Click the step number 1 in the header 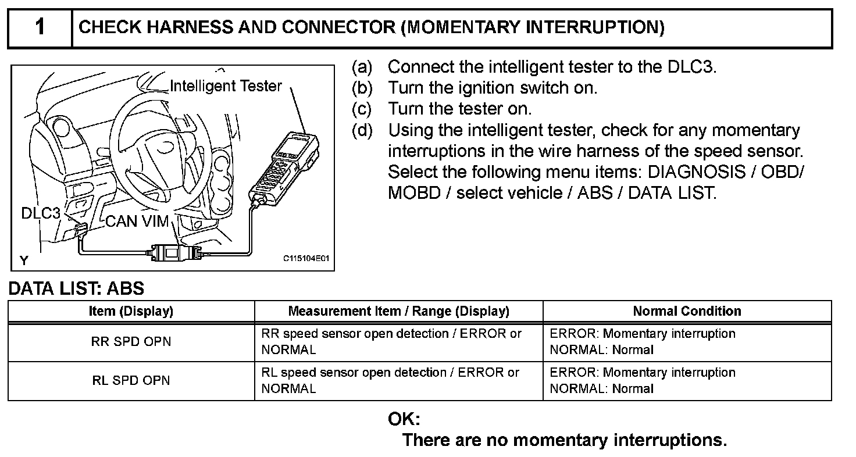click(x=40, y=27)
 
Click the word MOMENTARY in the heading click(x=463, y=27)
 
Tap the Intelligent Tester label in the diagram click(x=226, y=86)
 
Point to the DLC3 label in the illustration click(x=41, y=213)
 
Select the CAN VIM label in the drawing click(x=137, y=222)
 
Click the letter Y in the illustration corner click(x=24, y=260)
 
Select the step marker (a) click(x=362, y=67)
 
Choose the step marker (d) click(x=362, y=130)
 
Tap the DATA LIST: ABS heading click(x=76, y=288)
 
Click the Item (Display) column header click(x=131, y=311)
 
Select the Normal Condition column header click(x=687, y=311)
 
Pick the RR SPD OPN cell click(x=131, y=342)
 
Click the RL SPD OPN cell click(x=131, y=381)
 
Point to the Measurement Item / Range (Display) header click(x=398, y=311)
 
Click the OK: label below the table click(x=404, y=419)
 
